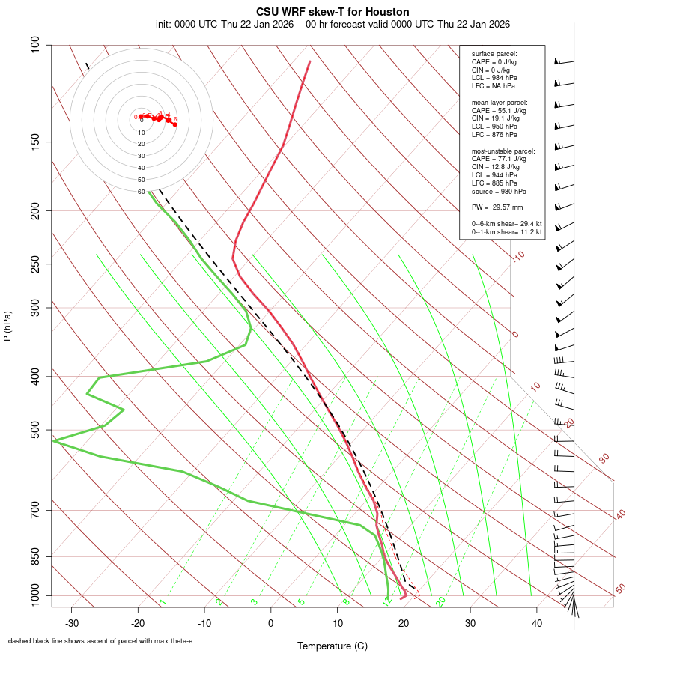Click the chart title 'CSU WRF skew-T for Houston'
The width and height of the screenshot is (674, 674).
pyautogui.click(x=333, y=12)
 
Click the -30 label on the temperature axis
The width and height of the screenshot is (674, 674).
pyautogui.click(x=72, y=623)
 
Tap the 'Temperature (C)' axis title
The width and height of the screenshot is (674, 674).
pyautogui.click(x=332, y=646)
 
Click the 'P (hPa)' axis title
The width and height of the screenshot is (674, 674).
pyautogui.click(x=7, y=327)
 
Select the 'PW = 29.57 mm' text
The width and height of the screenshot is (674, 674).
pyautogui.click(x=497, y=207)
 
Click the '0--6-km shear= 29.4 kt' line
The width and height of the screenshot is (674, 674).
pyautogui.click(x=506, y=224)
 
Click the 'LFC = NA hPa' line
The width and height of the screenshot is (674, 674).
pyautogui.click(x=494, y=86)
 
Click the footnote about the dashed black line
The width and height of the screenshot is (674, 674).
pyautogui.click(x=100, y=641)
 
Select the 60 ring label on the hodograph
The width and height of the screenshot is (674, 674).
pyautogui.click(x=141, y=192)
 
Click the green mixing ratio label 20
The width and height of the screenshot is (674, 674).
pyautogui.click(x=440, y=601)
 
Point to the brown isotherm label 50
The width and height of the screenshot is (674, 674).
pyautogui.click(x=620, y=589)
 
